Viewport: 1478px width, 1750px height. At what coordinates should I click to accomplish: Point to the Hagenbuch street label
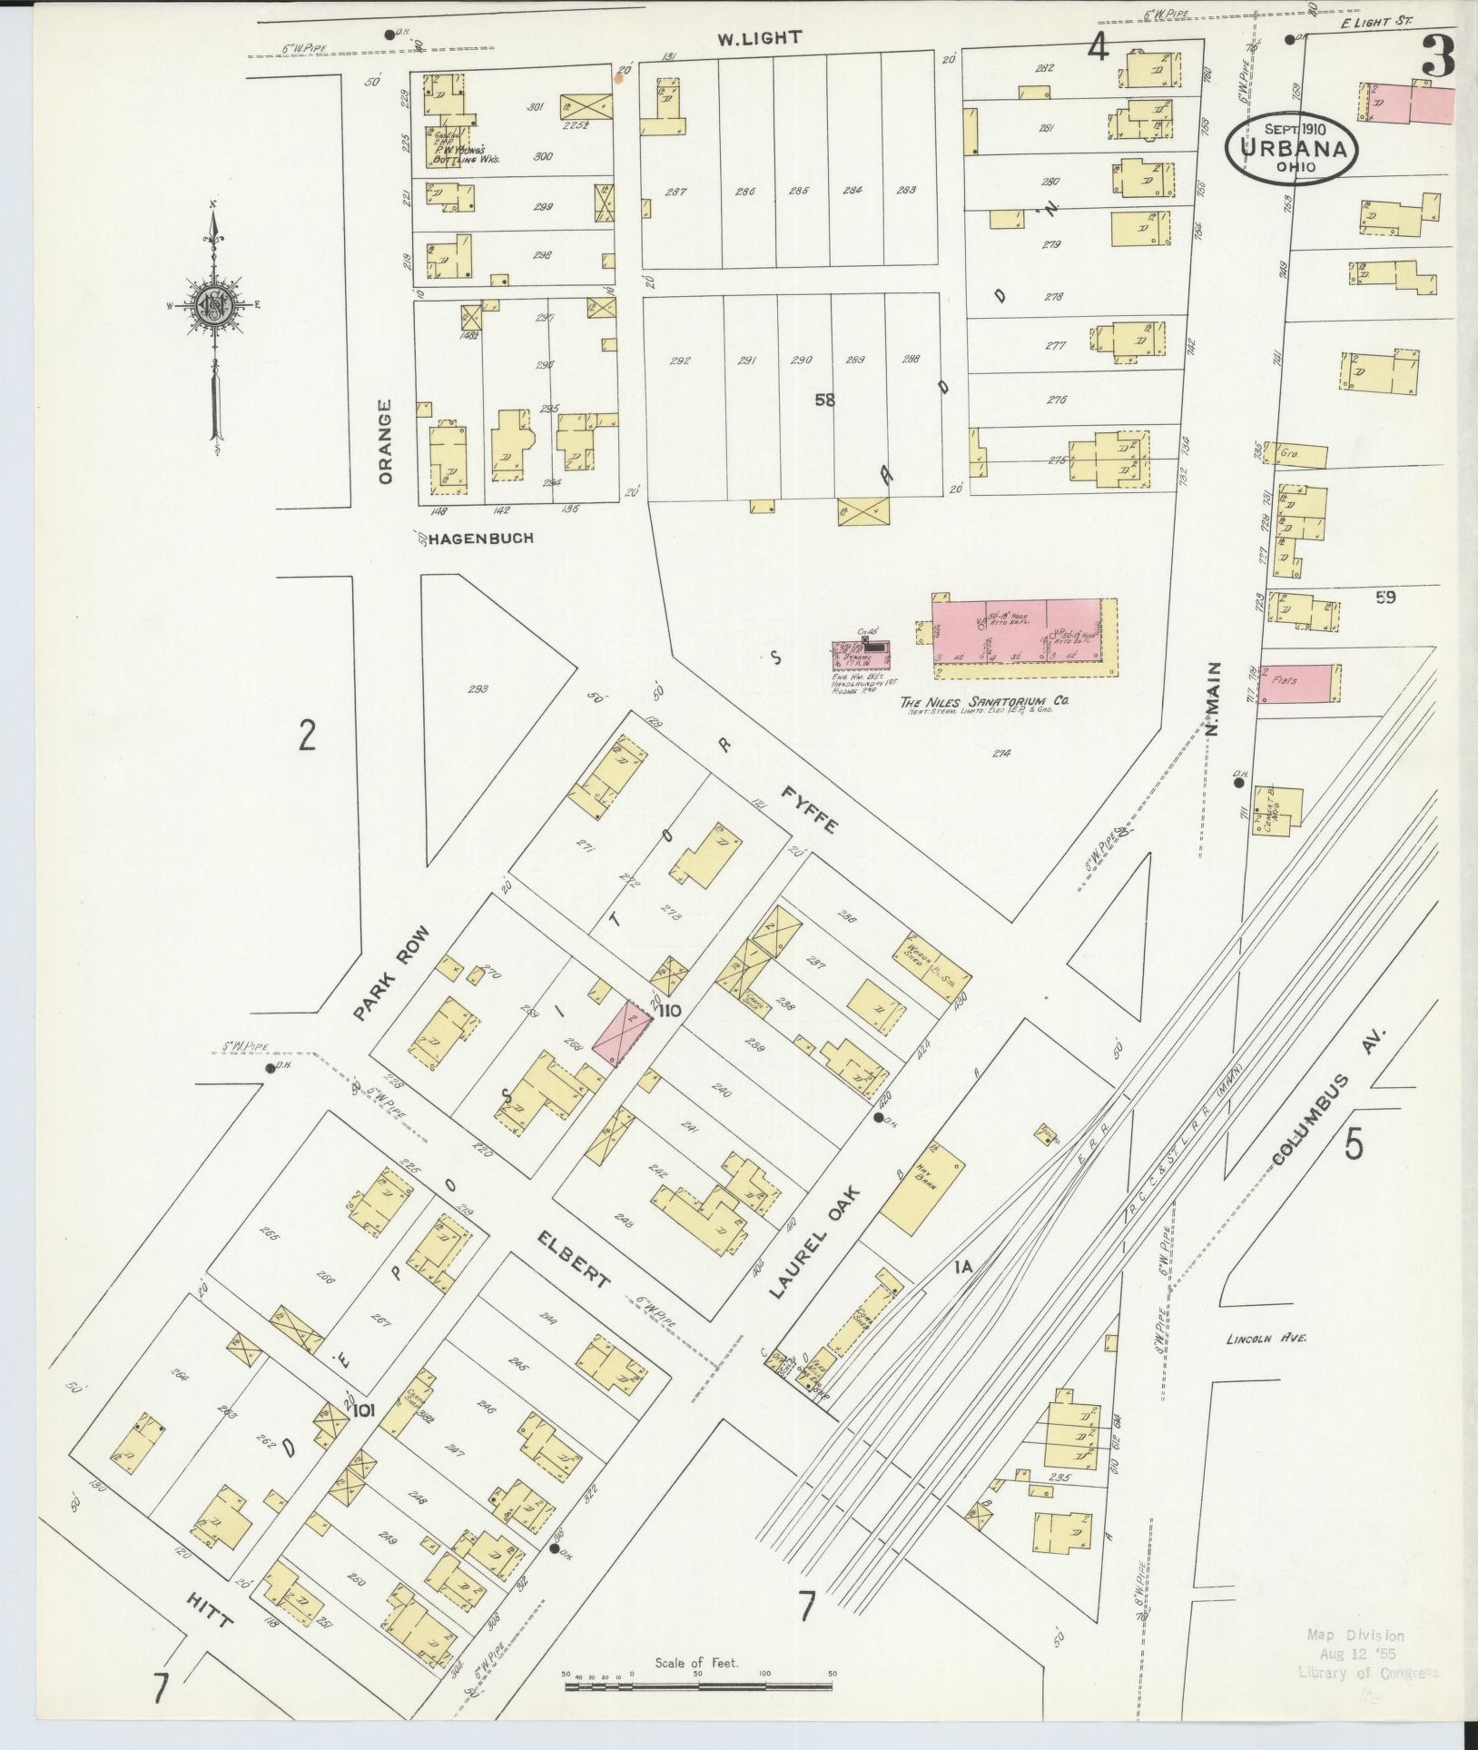click(481, 538)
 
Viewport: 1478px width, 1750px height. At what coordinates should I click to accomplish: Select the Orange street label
click(385, 441)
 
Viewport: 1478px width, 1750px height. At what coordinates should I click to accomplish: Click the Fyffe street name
click(810, 808)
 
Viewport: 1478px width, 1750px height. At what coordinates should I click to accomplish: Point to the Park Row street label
click(390, 974)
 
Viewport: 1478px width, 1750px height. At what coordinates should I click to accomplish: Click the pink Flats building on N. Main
click(1298, 681)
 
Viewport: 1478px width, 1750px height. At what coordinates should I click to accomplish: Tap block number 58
click(824, 399)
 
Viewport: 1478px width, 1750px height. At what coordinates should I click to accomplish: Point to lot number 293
click(478, 689)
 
